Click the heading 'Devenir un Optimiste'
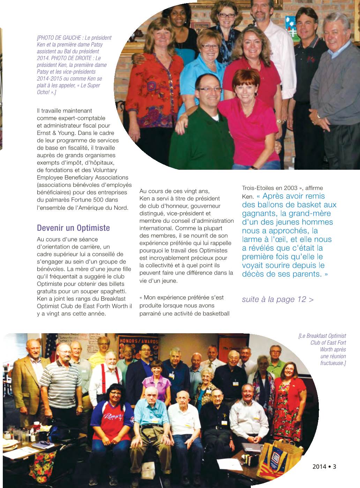pyautogui.click(x=73, y=228)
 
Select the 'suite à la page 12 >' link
pyautogui.click(x=278, y=299)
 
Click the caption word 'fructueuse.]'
pyautogui.click(x=333, y=363)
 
